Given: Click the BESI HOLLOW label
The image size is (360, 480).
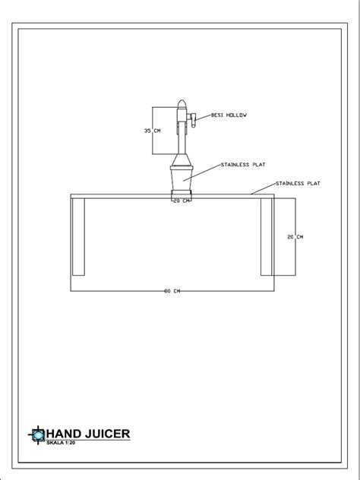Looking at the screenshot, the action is pos(229,115).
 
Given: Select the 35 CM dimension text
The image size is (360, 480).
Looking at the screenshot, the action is pos(152,131).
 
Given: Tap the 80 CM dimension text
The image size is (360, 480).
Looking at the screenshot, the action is pos(172,291).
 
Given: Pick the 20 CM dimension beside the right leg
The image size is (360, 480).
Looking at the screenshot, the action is pos(295,237).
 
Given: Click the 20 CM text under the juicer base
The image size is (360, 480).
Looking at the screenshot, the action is pos(182,201).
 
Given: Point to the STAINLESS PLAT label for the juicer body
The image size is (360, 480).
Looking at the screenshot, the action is pos(243,164).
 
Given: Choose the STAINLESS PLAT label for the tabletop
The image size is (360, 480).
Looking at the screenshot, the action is pos(298,183).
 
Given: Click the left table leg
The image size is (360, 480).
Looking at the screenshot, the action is pos(78,237).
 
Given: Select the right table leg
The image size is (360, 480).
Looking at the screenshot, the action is pos(267,237).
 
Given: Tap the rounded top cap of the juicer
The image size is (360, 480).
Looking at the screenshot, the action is pos(182,104).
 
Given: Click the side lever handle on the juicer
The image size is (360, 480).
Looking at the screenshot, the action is pos(192,120).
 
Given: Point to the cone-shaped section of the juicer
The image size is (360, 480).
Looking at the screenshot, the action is pos(182,159).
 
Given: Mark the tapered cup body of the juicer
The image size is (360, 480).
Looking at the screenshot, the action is pos(182,180).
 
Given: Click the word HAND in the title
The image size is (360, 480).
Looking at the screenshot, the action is pos(64,434).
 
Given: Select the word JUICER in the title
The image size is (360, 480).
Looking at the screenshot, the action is pos(107,434).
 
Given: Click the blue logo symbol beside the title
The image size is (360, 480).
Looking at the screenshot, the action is pos(37,434).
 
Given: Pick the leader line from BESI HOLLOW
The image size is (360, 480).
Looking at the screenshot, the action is pos(204,118).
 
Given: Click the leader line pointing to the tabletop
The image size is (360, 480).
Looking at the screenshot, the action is pos(264,188).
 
